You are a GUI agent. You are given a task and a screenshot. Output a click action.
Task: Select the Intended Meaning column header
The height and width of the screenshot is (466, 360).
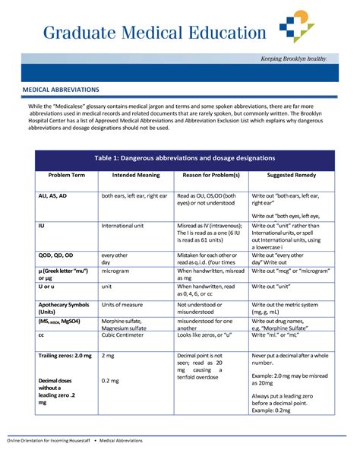pyautogui.click(x=136, y=175)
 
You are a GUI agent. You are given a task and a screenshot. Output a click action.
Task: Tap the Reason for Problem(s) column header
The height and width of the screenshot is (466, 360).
pyautogui.click(x=211, y=175)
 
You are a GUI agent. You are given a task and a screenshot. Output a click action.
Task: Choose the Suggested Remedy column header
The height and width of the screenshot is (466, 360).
pyautogui.click(x=291, y=175)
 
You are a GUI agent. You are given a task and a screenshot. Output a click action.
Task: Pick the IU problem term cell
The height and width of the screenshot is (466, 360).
pyautogui.click(x=42, y=226)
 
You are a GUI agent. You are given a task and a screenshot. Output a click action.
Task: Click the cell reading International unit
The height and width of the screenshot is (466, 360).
pyautogui.click(x=129, y=226)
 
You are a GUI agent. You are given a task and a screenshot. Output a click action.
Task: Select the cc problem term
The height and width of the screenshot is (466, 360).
pyautogui.click(x=42, y=334)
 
